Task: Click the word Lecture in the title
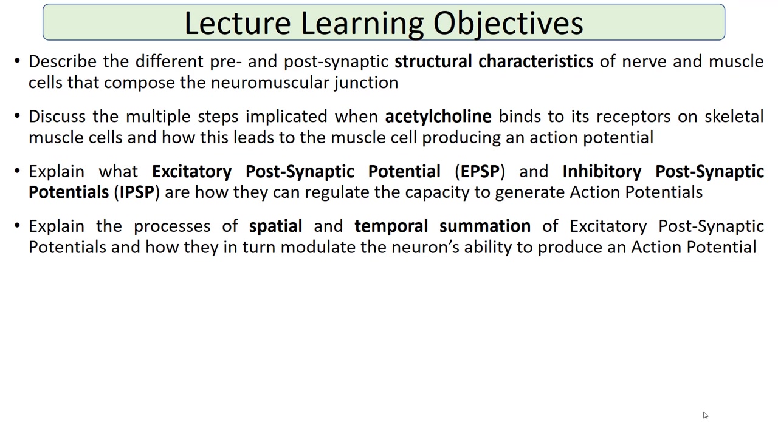(238, 23)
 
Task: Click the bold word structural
(433, 61)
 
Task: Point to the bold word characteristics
(536, 61)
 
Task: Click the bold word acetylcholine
(438, 117)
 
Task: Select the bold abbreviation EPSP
(480, 171)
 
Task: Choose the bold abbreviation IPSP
(137, 192)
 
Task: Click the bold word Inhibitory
(602, 172)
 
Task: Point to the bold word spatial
(276, 227)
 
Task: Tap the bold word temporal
(391, 227)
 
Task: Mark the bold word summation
(485, 226)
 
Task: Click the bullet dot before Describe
(18, 61)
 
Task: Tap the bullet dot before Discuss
(18, 116)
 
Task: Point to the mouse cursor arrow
(706, 415)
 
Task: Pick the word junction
(366, 83)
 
